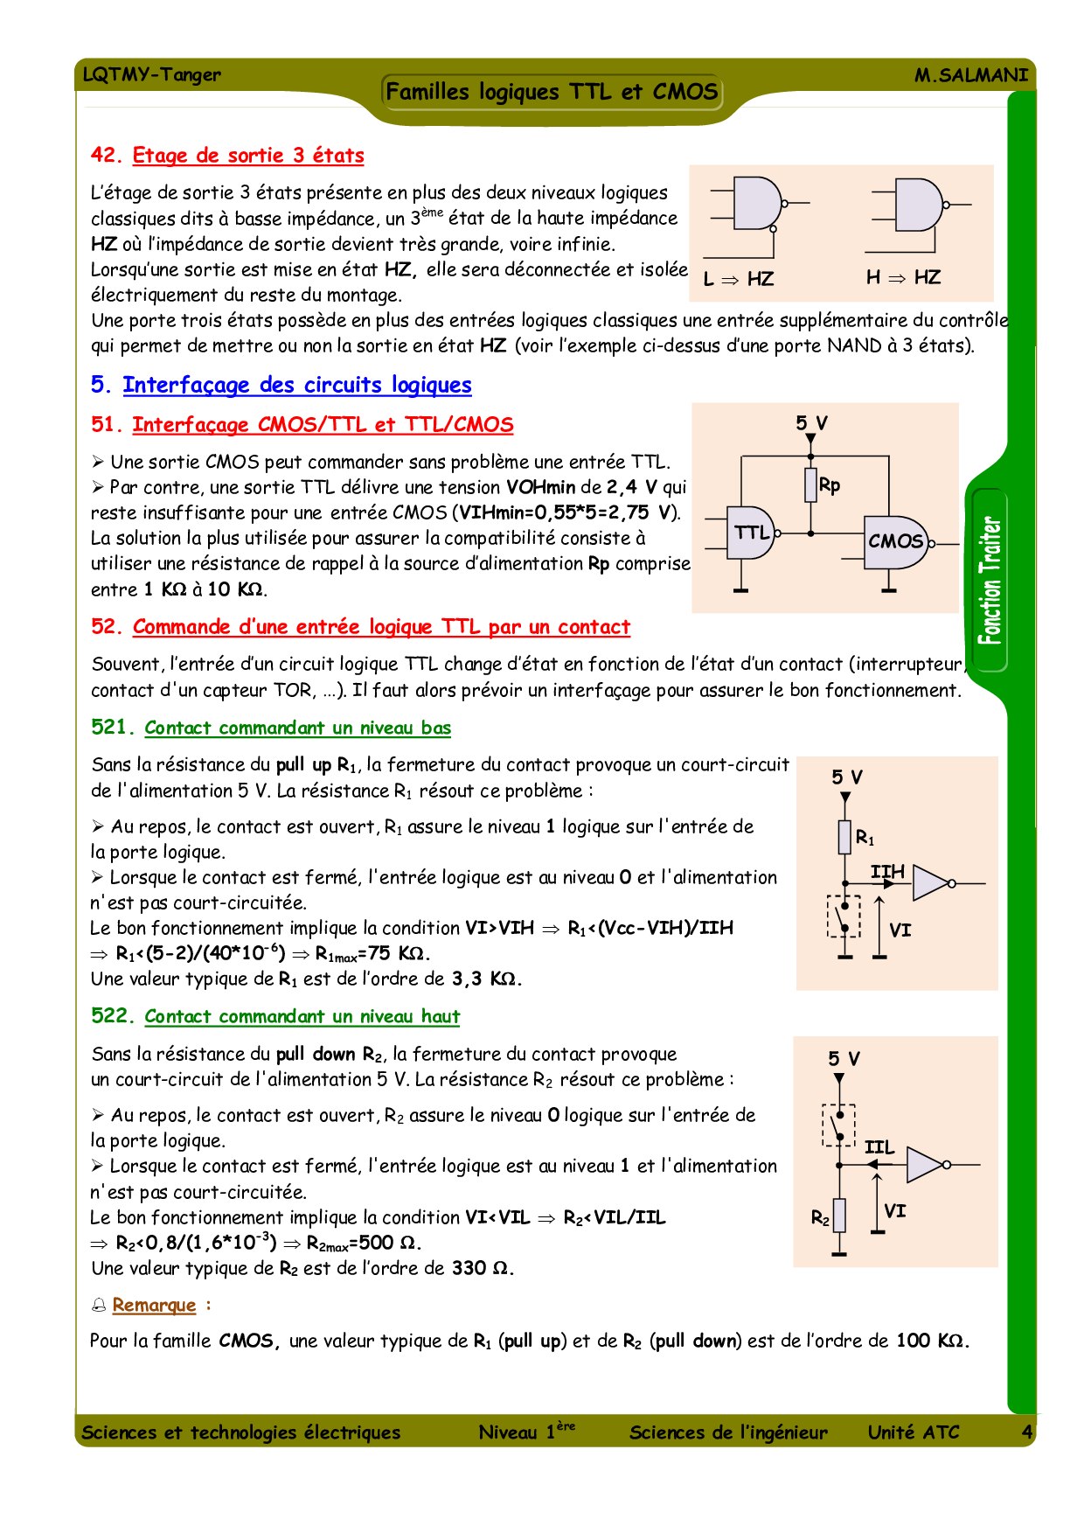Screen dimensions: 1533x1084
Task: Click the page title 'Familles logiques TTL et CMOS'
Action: (x=552, y=92)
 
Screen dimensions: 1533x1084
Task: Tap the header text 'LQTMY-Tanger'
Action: (x=151, y=74)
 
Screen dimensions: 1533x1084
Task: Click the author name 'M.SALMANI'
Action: (x=970, y=75)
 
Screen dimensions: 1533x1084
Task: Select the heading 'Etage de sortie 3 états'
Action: (x=247, y=156)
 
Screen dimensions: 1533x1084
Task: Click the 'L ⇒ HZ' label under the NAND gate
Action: (x=738, y=279)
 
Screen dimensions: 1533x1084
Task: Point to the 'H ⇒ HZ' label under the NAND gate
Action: (x=903, y=277)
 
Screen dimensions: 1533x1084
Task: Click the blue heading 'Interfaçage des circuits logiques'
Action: (x=296, y=385)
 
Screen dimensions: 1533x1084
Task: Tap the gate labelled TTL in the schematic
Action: (x=750, y=533)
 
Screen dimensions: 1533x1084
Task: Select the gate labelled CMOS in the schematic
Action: (x=894, y=541)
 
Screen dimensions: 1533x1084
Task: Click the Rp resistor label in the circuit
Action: (x=830, y=485)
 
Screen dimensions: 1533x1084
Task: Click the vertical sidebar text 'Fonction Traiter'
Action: (x=990, y=581)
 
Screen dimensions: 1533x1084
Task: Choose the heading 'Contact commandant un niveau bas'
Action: (x=297, y=728)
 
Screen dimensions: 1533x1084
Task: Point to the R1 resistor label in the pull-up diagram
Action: (x=865, y=838)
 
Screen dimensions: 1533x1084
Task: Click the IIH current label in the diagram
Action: (x=887, y=871)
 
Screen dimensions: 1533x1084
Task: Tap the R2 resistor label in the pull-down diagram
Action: (x=820, y=1217)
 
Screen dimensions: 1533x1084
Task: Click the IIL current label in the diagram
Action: (x=879, y=1146)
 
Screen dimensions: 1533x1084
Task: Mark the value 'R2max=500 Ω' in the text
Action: (x=364, y=1244)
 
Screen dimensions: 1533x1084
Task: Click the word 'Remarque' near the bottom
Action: (x=154, y=1306)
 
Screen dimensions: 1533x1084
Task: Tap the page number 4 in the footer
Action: (x=1026, y=1432)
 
